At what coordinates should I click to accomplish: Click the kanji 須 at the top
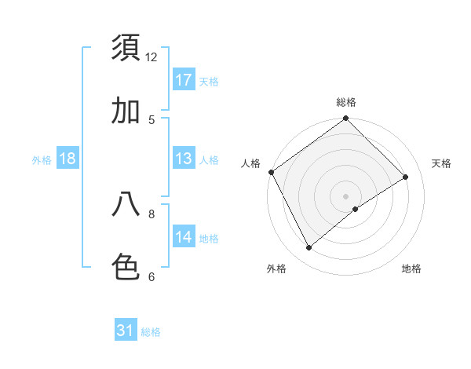click(126, 48)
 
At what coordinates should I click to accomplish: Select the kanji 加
click(126, 111)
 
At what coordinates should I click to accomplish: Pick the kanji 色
click(126, 267)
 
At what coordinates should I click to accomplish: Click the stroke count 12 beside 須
click(152, 57)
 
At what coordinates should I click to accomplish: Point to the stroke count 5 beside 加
click(152, 119)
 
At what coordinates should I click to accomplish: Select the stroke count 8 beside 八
click(152, 213)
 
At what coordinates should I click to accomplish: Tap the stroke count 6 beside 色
click(152, 276)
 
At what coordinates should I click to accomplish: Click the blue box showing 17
click(184, 80)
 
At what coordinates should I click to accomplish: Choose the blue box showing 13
click(184, 159)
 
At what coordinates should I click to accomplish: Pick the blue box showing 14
click(184, 237)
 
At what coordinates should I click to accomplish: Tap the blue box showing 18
click(68, 159)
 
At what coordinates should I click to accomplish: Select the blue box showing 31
click(126, 331)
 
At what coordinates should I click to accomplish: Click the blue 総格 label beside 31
click(151, 332)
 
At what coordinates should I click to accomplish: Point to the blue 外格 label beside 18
click(42, 160)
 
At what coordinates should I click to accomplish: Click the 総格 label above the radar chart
click(346, 102)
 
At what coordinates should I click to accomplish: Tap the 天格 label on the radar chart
click(441, 163)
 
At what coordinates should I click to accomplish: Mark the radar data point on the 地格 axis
click(356, 209)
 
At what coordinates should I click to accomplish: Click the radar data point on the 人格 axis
click(271, 172)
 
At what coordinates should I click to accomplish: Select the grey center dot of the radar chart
click(346, 195)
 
